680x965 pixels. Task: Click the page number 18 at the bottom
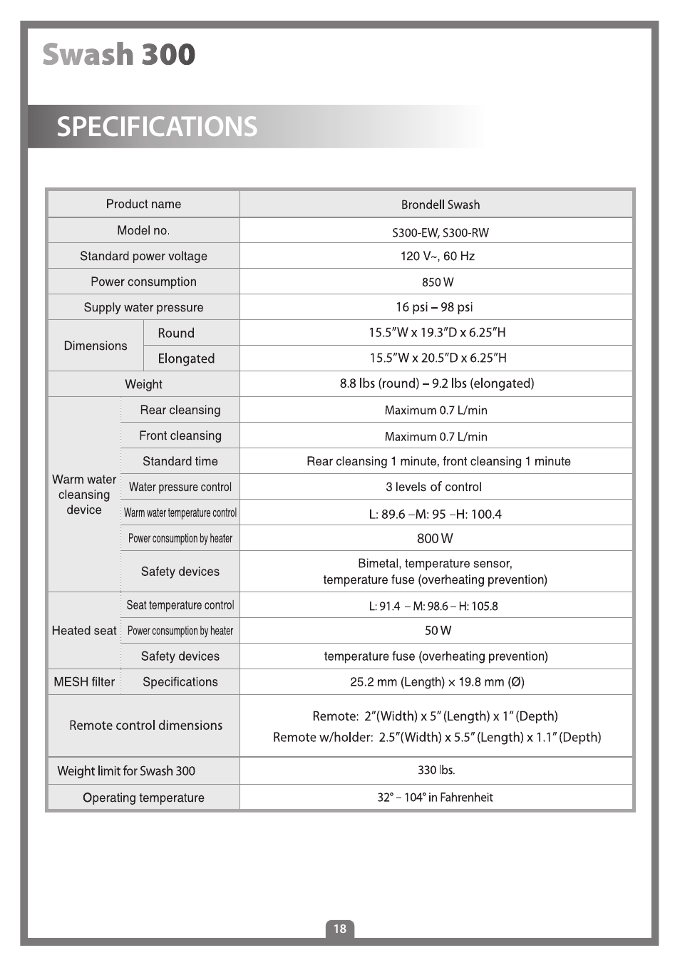[340, 928]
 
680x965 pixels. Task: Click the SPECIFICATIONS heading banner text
[157, 127]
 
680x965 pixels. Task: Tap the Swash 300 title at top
[118, 55]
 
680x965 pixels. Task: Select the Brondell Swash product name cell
[440, 205]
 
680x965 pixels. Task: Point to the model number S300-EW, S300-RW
[440, 232]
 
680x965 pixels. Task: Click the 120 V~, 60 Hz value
[437, 256]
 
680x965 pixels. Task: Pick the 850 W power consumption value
[437, 282]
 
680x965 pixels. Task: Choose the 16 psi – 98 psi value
[434, 307]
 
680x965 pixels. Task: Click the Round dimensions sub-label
[176, 333]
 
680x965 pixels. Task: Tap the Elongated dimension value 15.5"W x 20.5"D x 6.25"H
[438, 358]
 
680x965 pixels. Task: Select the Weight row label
[143, 384]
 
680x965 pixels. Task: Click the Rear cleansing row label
[180, 410]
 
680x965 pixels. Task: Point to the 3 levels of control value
[433, 487]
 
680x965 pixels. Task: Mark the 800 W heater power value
[435, 538]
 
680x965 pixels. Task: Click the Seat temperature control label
[180, 605]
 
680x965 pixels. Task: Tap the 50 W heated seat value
[438, 631]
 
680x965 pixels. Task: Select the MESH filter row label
[84, 682]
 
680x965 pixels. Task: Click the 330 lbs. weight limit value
[436, 770]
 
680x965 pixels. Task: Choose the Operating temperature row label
[143, 798]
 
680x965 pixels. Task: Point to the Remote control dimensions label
[145, 726]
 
